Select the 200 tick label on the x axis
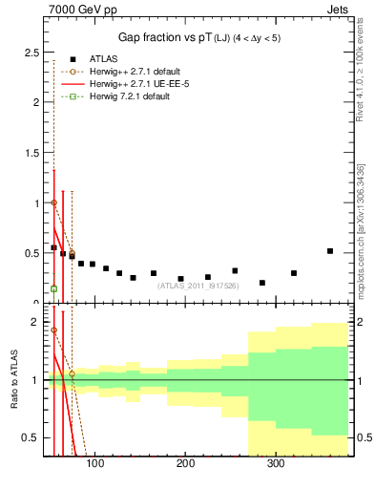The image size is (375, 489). coord(185,464)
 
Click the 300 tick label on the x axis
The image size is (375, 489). coord(276,464)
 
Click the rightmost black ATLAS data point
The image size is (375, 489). coord(330,251)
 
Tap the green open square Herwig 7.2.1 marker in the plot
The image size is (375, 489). coord(53,288)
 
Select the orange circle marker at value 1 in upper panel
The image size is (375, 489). coord(53,202)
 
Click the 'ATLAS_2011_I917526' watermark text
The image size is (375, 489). coord(198,285)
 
